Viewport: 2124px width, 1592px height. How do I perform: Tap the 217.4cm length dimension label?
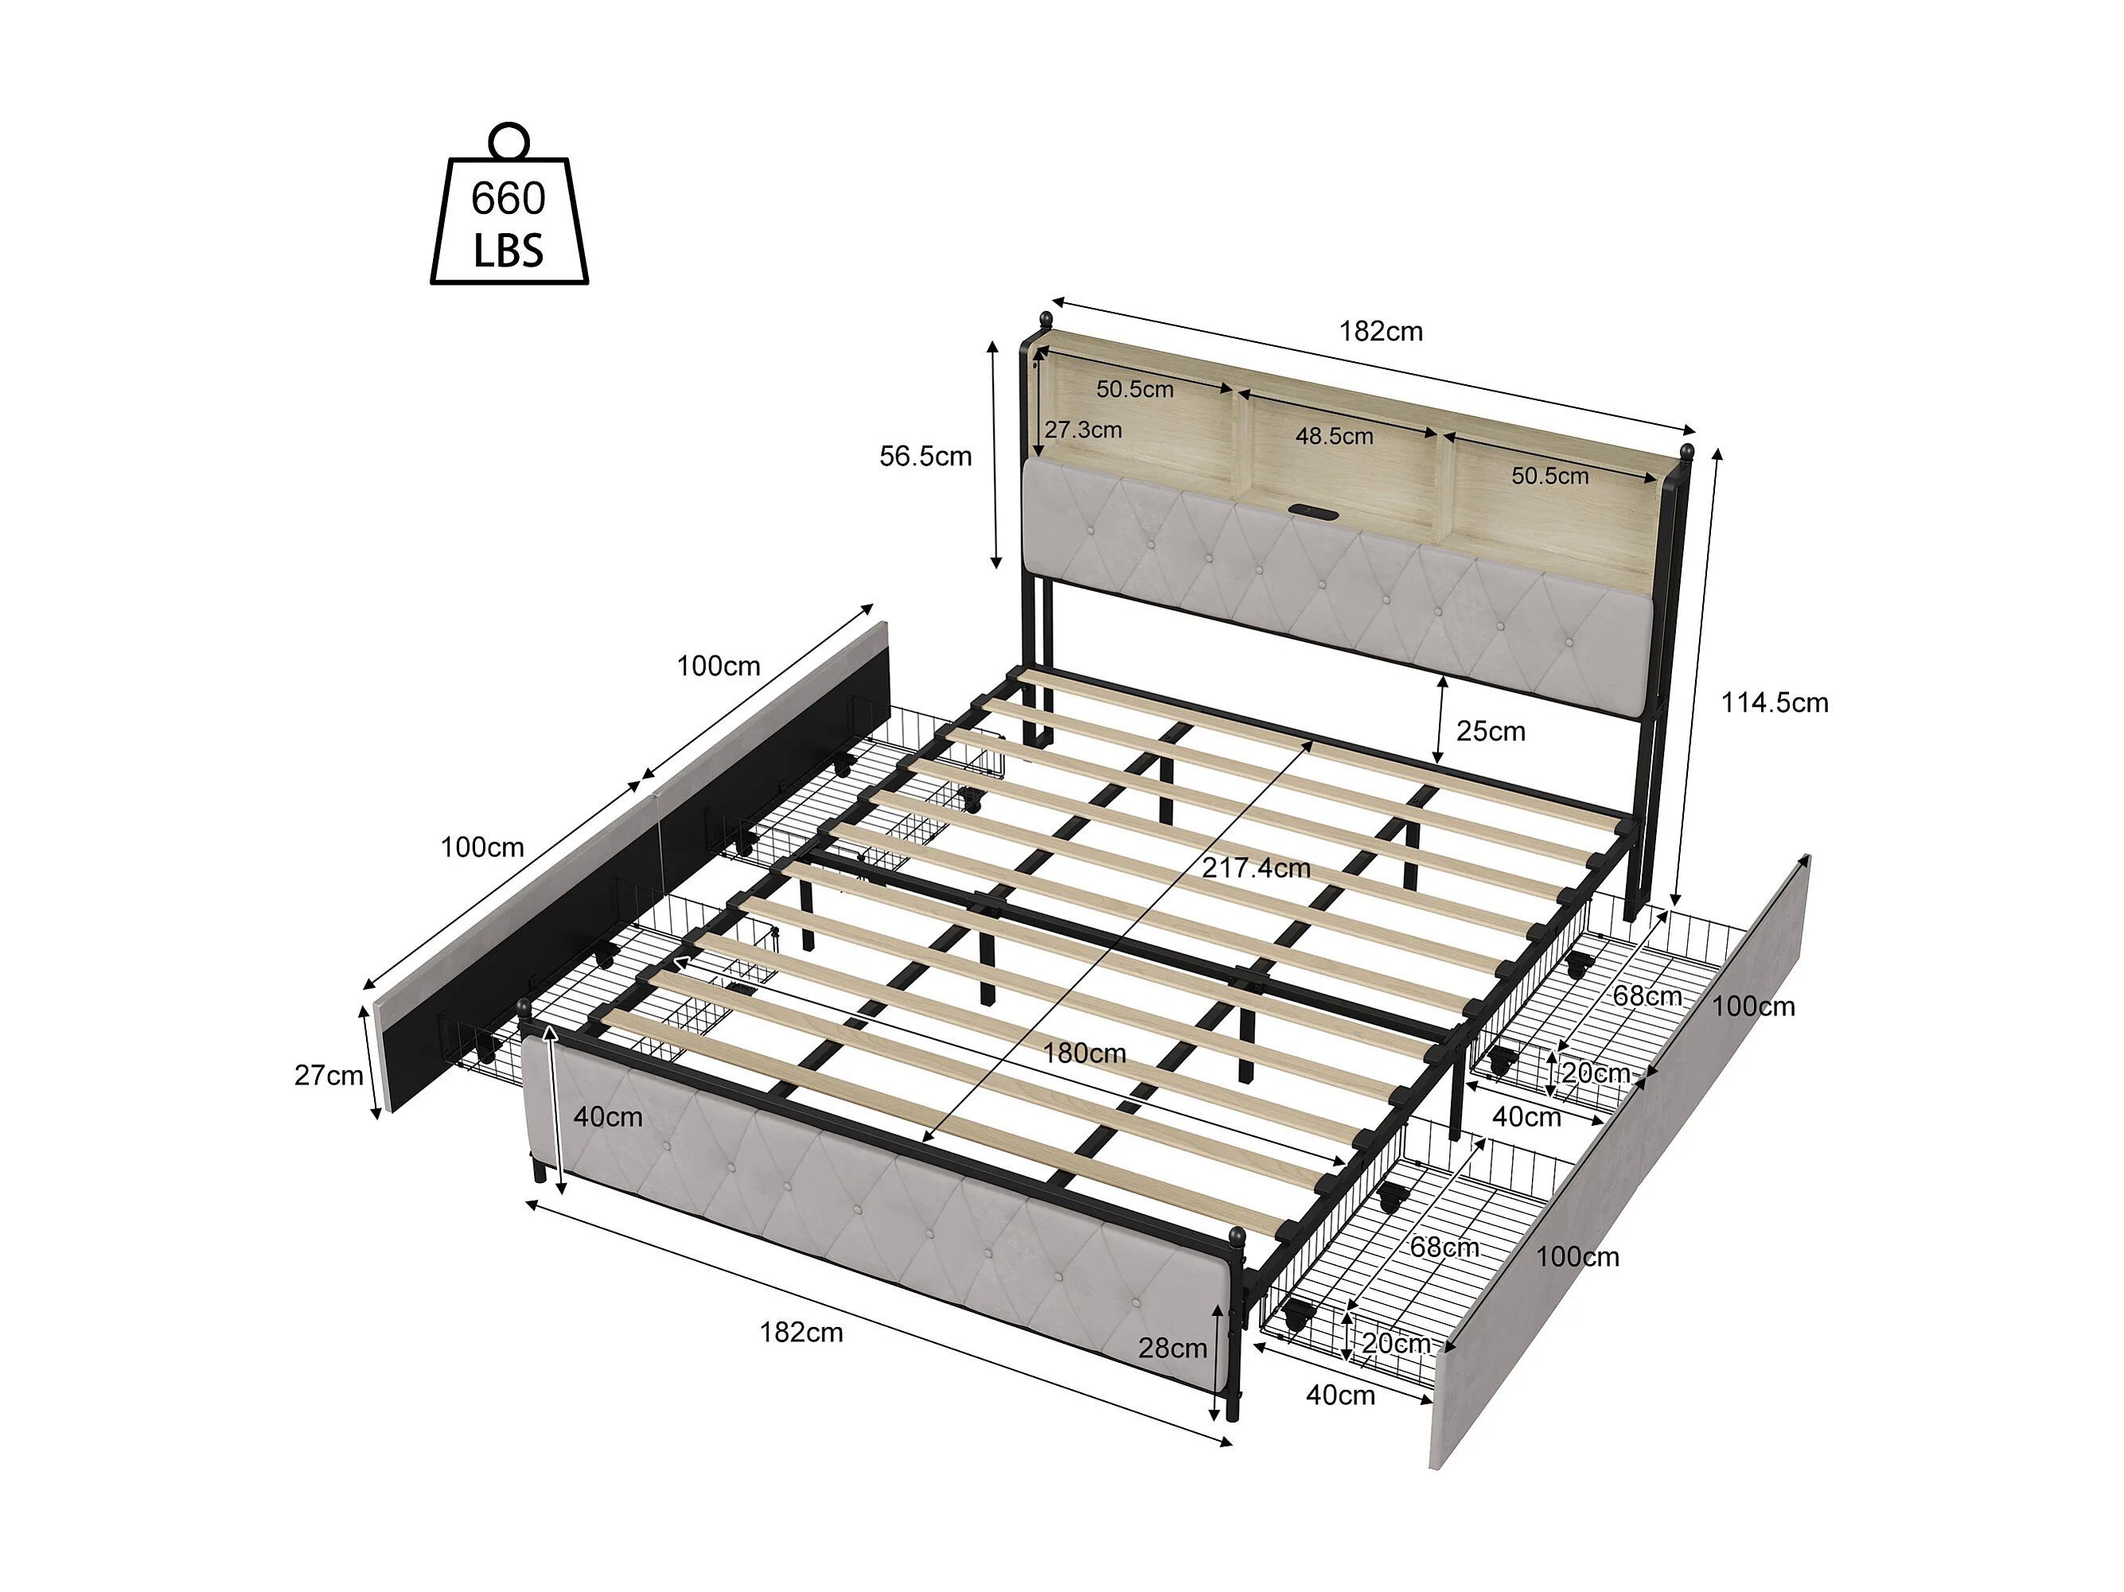click(x=1256, y=868)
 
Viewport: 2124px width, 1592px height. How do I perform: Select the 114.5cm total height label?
click(x=1775, y=703)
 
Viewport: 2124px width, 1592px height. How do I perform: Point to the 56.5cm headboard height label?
click(x=926, y=456)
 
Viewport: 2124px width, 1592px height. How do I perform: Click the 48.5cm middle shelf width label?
click(x=1334, y=436)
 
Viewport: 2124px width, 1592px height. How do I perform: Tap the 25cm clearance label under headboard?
click(x=1491, y=732)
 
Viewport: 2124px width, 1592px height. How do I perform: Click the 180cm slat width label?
click(x=1084, y=1053)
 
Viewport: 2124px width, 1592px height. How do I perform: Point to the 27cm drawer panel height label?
click(x=329, y=1076)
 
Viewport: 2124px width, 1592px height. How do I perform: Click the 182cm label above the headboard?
click(x=1381, y=331)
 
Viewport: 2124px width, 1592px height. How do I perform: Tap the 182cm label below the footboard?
click(x=801, y=1333)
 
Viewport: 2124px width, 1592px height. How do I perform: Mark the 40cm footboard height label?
click(x=608, y=1117)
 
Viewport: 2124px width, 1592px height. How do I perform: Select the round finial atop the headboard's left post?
click(x=1046, y=319)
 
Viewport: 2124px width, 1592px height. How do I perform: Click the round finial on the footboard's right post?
click(x=1237, y=1235)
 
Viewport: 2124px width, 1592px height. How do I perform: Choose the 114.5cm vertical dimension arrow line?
click(x=1697, y=677)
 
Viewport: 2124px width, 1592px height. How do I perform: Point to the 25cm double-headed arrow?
click(x=1440, y=720)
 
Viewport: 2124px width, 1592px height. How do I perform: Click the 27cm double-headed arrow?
click(x=372, y=1063)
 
